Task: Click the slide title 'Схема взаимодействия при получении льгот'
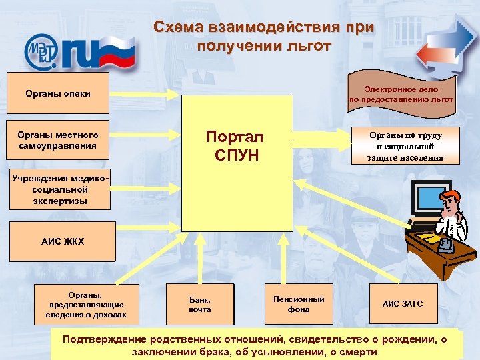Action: pyautogui.click(x=263, y=37)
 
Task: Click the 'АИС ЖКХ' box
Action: pyautogui.click(x=63, y=241)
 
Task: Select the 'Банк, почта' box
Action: pyautogui.click(x=199, y=304)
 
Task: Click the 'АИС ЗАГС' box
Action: pyautogui.click(x=402, y=304)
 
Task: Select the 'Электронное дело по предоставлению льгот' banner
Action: pyautogui.click(x=401, y=93)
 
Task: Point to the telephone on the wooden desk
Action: pyautogui.click(x=445, y=244)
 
